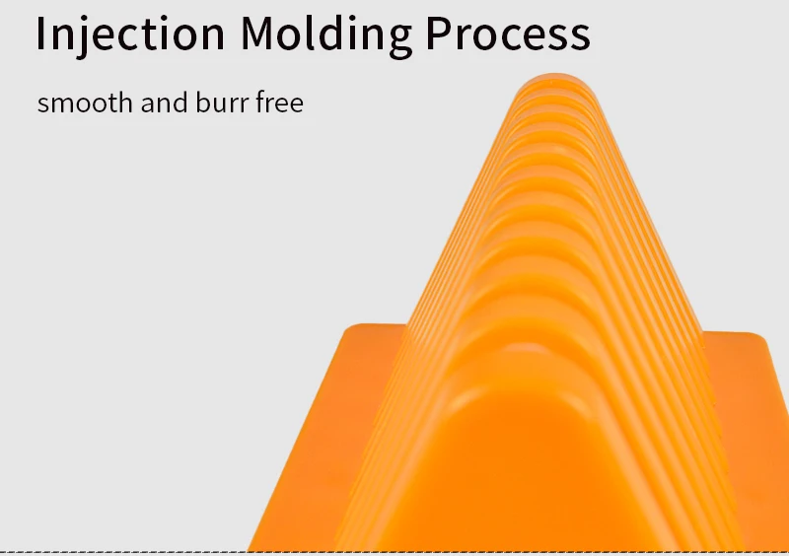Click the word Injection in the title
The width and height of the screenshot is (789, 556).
coord(130,35)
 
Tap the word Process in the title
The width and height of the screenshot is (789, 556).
coord(508,34)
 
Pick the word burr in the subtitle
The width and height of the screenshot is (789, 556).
coord(222,103)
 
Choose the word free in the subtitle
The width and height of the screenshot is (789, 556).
coord(280,102)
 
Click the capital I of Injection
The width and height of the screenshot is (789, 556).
coord(40,34)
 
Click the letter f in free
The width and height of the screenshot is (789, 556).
coord(261,102)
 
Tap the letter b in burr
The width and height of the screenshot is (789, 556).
coord(202,103)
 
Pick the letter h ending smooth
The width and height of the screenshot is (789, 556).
coord(125,102)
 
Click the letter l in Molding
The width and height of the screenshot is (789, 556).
coord(309,33)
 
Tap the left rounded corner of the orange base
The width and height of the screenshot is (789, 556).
coord(351,329)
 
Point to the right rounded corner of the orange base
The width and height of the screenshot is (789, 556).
coord(758,337)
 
